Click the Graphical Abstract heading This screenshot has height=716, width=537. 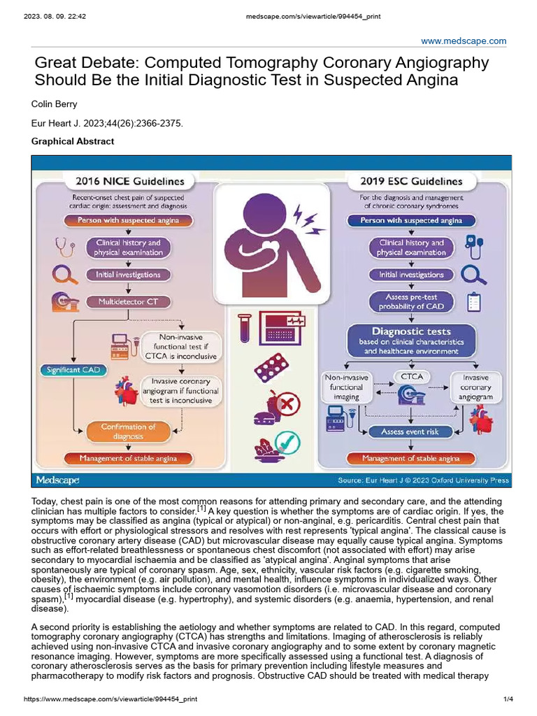[x=73, y=141]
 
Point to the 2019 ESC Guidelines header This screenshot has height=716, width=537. [x=410, y=182]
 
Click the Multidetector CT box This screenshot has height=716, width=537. [x=127, y=302]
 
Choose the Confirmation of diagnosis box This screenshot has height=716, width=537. [x=128, y=431]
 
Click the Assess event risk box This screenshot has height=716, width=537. [x=409, y=432]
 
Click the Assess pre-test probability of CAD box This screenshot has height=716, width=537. [x=410, y=302]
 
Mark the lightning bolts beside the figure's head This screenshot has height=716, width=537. [x=308, y=218]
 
